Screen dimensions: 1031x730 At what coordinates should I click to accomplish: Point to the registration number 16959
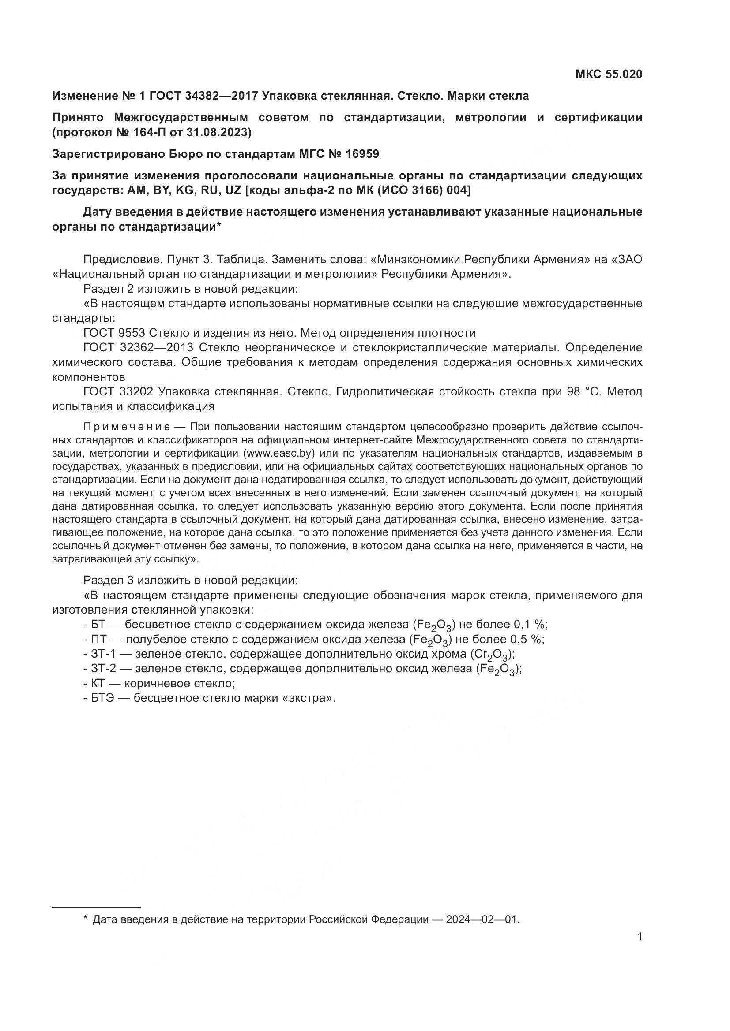click(362, 154)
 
